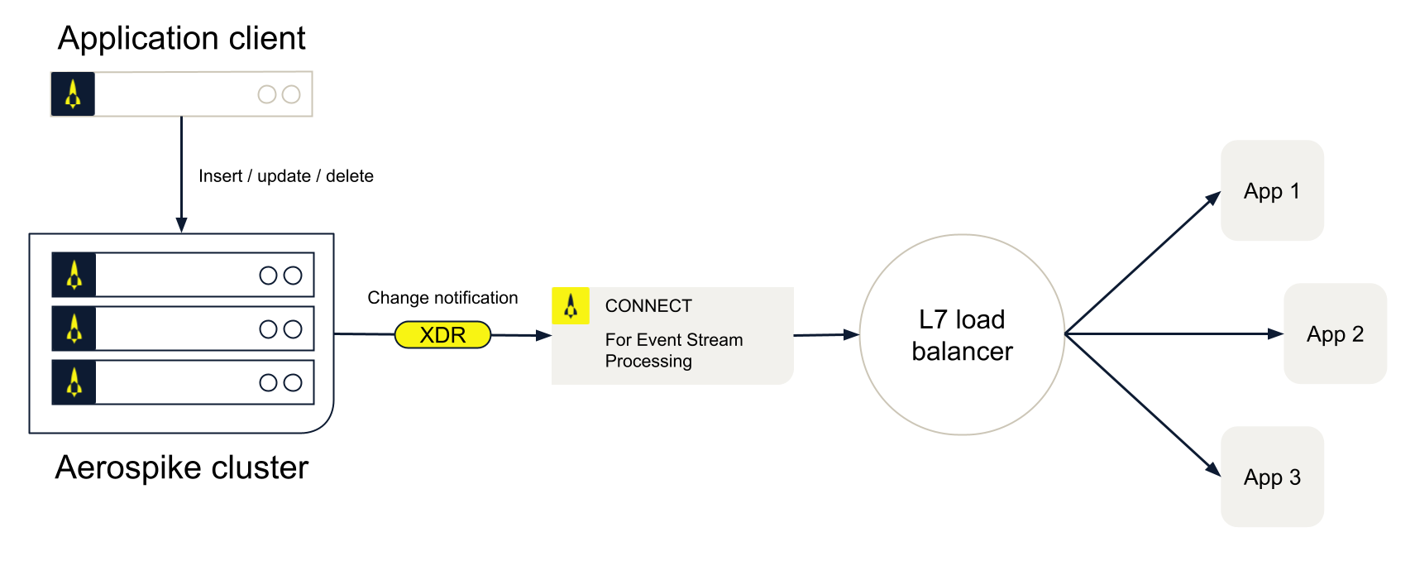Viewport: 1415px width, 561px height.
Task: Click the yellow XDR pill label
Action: click(442, 335)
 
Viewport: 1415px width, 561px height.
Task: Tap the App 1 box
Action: click(1272, 191)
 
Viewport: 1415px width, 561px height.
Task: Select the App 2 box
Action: click(1335, 334)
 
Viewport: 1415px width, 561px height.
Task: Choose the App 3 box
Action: click(1272, 477)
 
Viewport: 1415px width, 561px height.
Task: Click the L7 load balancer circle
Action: click(962, 335)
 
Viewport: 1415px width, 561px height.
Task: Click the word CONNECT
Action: click(648, 306)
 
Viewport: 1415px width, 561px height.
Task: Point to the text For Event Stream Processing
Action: click(673, 350)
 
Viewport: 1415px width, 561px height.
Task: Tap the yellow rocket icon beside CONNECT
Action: click(571, 306)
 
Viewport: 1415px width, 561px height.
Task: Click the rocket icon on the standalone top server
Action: click(73, 94)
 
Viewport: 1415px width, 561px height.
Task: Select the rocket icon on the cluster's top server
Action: click(74, 275)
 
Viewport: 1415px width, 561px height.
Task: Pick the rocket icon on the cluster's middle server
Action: click(74, 328)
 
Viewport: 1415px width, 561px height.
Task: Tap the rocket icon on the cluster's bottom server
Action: click(74, 382)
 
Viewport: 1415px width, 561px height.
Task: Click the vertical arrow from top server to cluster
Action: click(181, 174)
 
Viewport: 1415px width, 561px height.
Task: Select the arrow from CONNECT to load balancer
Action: click(825, 335)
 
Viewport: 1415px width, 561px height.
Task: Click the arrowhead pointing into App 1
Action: click(1213, 199)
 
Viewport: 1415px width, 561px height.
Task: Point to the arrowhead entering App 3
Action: click(1213, 469)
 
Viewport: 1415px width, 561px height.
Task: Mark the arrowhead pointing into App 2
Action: click(1275, 334)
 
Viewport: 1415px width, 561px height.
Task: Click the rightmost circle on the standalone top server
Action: click(291, 94)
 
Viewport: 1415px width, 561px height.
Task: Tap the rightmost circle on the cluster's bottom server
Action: click(293, 382)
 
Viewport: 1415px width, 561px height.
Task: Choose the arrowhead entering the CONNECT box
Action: click(543, 335)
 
